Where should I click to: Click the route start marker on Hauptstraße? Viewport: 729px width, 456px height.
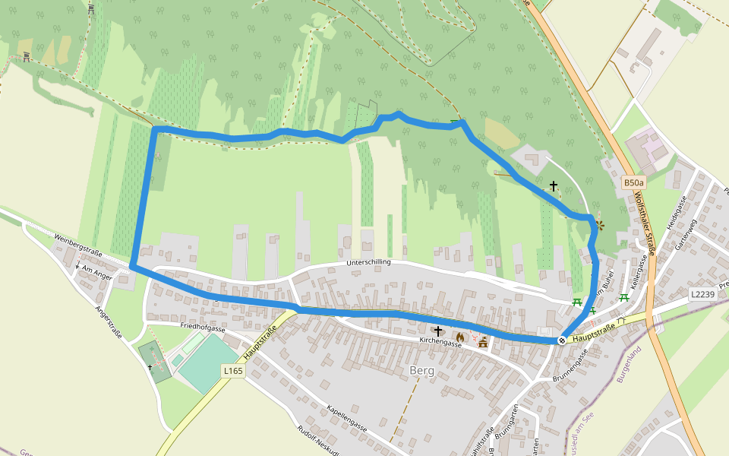(x=562, y=340)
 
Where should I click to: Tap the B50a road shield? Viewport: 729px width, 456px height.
(x=633, y=182)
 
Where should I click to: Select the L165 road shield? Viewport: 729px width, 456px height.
(x=233, y=370)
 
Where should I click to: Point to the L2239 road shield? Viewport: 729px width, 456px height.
(x=702, y=293)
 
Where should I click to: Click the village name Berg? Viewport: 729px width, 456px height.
(x=421, y=371)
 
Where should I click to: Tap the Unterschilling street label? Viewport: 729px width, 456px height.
(x=368, y=262)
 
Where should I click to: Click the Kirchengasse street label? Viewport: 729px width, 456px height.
(x=440, y=344)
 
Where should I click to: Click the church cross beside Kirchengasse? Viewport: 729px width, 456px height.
(x=437, y=331)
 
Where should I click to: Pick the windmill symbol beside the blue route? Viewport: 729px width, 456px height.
(x=600, y=225)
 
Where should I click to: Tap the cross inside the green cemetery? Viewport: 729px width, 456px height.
(x=150, y=367)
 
